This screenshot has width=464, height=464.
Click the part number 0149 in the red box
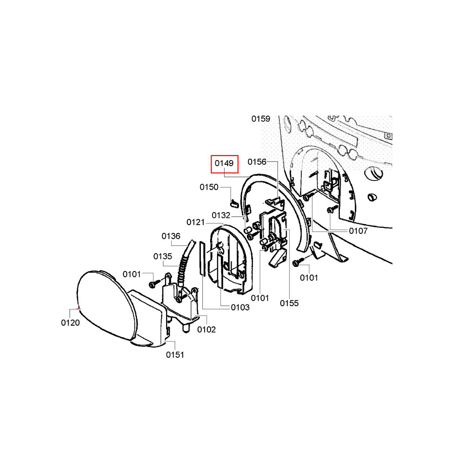pyautogui.click(x=224, y=163)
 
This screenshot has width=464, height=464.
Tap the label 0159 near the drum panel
pyautogui.click(x=261, y=119)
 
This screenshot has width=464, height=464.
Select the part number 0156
pyautogui.click(x=257, y=161)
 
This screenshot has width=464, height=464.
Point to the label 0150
pyautogui.click(x=209, y=187)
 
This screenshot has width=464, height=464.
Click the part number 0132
pyautogui.click(x=221, y=215)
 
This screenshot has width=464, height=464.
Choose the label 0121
pyautogui.click(x=196, y=222)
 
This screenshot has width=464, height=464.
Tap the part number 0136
pyautogui.click(x=171, y=236)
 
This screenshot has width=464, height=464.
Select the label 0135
pyautogui.click(x=162, y=256)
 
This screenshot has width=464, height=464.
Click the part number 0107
pyautogui.click(x=358, y=231)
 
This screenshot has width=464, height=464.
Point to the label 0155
pyautogui.click(x=289, y=303)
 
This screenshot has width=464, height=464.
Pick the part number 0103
pyautogui.click(x=240, y=308)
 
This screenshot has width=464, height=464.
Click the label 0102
pyautogui.click(x=206, y=329)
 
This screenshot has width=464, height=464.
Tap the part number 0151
pyautogui.click(x=175, y=354)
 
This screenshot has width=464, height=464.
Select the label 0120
pyautogui.click(x=71, y=322)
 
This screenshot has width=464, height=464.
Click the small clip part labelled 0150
pyautogui.click(x=234, y=203)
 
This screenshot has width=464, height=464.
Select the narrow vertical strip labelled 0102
pyautogui.click(x=202, y=258)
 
